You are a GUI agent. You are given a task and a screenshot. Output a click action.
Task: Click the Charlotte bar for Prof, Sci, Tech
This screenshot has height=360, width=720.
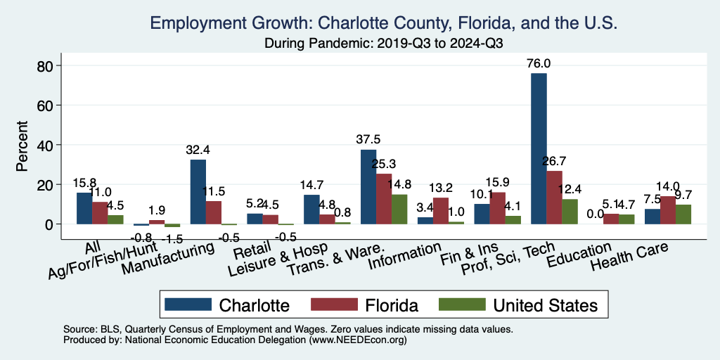539,148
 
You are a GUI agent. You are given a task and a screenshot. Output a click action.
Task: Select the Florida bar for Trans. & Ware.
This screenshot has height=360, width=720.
384,198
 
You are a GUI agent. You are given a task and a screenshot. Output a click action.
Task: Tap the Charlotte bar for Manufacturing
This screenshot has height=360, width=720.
198,191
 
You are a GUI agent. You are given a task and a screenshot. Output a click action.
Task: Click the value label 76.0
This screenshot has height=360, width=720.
539,64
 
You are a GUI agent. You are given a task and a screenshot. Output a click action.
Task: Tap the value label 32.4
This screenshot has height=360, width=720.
198,150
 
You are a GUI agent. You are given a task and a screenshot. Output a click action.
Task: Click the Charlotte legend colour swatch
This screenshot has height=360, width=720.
188,304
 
